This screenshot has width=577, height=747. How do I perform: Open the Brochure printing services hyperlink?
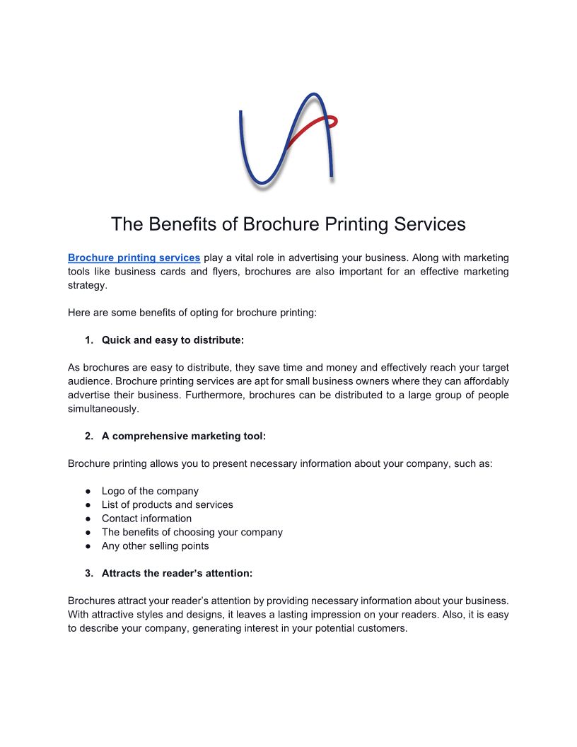(134, 258)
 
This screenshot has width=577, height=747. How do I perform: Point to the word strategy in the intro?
(87, 285)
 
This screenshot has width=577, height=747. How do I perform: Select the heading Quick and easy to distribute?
(173, 340)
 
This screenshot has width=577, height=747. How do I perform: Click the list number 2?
(88, 436)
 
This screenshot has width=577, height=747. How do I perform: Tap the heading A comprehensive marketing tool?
(184, 436)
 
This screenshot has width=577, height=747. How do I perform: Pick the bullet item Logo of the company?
(150, 491)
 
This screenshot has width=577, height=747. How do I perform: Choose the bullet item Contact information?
(146, 519)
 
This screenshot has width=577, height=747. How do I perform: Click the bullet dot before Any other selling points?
(88, 546)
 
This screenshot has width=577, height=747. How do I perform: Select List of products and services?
(167, 504)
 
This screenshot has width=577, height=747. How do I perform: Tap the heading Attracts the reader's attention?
(177, 574)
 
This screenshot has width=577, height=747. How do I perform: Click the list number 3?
(88, 574)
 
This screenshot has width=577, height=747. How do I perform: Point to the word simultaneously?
(103, 409)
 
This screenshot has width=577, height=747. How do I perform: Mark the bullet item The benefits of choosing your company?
(192, 532)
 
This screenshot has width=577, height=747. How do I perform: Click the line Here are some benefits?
(192, 313)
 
